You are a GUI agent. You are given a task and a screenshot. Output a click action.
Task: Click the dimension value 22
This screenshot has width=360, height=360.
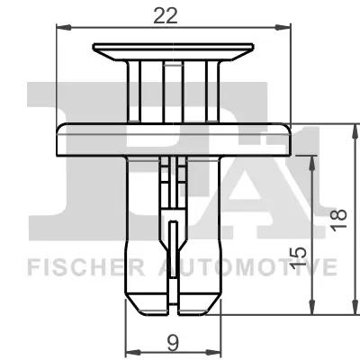pos(175,13)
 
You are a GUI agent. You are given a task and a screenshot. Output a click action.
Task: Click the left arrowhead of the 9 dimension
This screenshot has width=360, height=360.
pos(126,353)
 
